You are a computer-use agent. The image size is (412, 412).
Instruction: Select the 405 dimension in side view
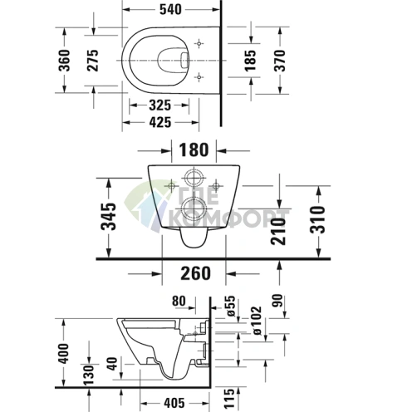click(x=170, y=404)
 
